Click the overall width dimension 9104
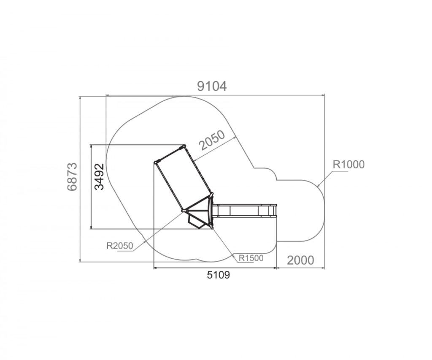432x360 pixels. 212,86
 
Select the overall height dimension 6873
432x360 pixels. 72,177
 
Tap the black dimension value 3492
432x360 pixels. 99,177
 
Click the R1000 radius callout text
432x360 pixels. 348,164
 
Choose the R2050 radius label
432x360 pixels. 120,246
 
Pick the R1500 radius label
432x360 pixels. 251,258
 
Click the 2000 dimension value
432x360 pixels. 300,260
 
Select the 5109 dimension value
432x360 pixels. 218,275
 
